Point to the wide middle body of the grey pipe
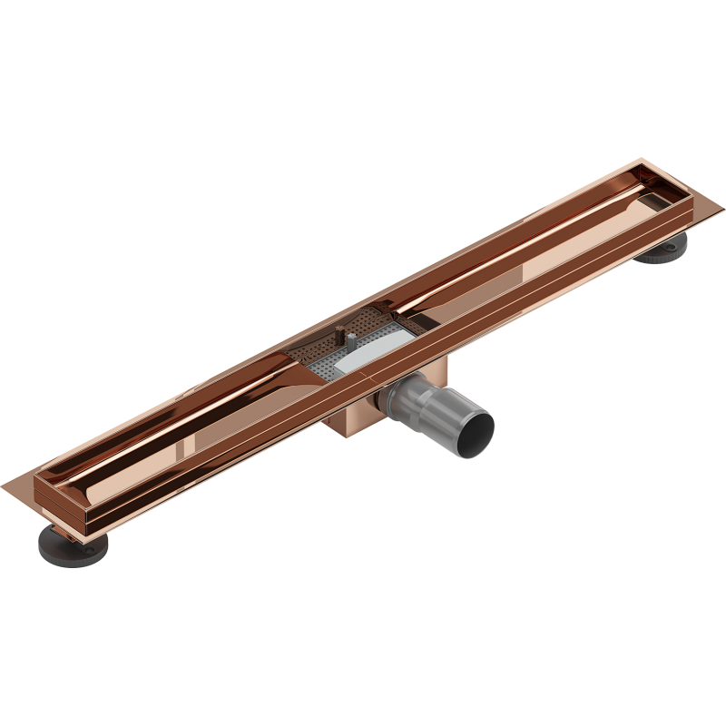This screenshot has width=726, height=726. pyautogui.click(x=427, y=404)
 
